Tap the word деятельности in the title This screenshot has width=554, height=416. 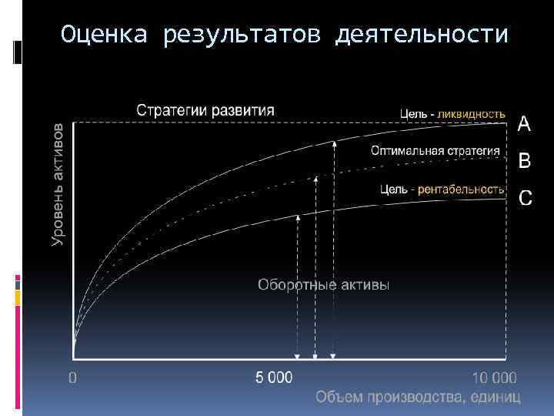click(x=422, y=35)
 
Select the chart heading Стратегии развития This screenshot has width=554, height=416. click(x=205, y=109)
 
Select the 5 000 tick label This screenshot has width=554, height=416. click(x=274, y=378)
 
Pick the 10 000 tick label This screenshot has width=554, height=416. click(x=494, y=378)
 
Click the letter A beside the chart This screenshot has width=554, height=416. click(x=524, y=123)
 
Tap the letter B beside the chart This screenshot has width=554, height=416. click(x=524, y=160)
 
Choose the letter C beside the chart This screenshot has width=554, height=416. click(x=525, y=198)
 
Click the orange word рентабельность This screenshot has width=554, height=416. click(x=461, y=189)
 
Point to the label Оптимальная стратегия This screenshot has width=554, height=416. click(x=435, y=151)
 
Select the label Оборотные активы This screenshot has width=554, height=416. click(x=323, y=285)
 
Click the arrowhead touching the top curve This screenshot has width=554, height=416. click(x=333, y=144)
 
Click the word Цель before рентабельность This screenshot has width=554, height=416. click(x=394, y=189)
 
